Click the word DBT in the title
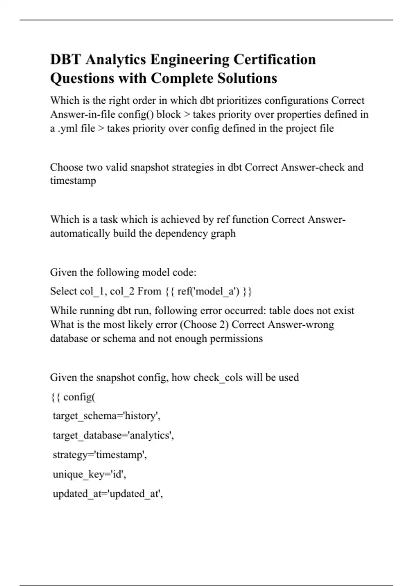click(x=65, y=59)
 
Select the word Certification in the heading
click(x=274, y=59)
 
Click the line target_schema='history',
click(x=106, y=416)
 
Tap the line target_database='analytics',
click(x=113, y=435)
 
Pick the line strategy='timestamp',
click(x=100, y=455)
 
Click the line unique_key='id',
click(x=89, y=475)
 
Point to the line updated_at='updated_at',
click(x=108, y=494)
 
